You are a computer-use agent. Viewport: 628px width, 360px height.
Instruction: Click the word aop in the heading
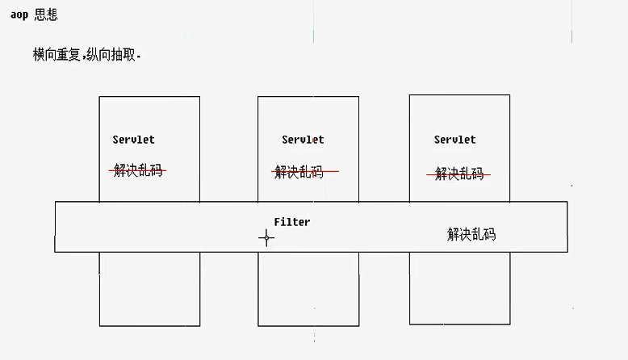click(x=19, y=15)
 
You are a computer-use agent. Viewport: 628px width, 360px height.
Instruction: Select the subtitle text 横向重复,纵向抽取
click(x=86, y=54)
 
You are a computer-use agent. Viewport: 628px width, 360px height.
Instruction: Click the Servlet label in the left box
click(x=134, y=140)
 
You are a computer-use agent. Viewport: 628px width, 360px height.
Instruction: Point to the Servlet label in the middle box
click(x=303, y=140)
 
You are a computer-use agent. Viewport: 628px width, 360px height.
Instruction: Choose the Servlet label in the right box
click(x=454, y=140)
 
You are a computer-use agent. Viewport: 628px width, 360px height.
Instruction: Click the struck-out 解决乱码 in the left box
click(x=138, y=170)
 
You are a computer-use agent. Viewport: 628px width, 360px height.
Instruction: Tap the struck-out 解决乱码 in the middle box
click(x=299, y=171)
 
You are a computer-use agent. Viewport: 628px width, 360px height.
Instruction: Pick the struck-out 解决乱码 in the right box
click(x=458, y=174)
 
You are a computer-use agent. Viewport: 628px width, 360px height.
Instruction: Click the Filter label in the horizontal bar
click(x=291, y=222)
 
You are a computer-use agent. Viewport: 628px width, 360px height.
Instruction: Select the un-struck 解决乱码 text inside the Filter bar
click(x=471, y=235)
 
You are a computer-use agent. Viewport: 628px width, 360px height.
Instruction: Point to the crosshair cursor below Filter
click(x=266, y=237)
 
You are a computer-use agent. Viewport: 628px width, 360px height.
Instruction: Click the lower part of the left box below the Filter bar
click(x=149, y=288)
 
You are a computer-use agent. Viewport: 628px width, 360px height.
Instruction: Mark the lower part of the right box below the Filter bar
click(x=459, y=287)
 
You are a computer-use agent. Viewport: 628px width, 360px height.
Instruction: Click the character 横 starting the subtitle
click(x=39, y=54)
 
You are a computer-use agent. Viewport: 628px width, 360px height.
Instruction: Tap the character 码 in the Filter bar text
click(x=489, y=235)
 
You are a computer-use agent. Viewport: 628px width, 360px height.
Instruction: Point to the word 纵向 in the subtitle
click(x=99, y=54)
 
